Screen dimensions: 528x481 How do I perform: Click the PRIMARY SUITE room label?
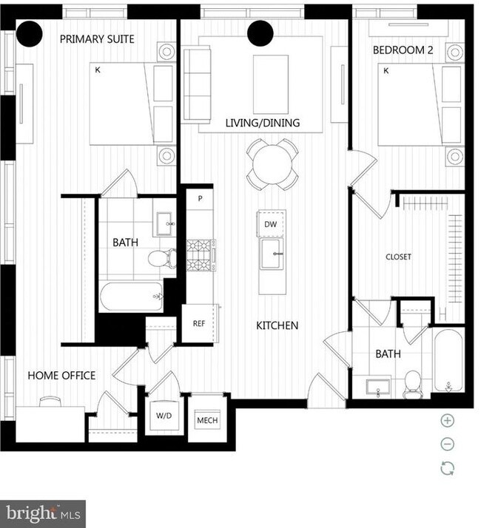pyautogui.click(x=97, y=39)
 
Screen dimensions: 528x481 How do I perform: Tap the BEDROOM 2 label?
pyautogui.click(x=403, y=50)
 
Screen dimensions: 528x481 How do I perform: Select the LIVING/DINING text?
pyautogui.click(x=263, y=123)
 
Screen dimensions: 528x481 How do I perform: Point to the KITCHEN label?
pyautogui.click(x=277, y=325)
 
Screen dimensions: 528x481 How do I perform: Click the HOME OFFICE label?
pyautogui.click(x=61, y=376)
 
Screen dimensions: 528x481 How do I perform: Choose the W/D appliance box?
pyautogui.click(x=164, y=416)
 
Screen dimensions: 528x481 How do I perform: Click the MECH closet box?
pyautogui.click(x=206, y=420)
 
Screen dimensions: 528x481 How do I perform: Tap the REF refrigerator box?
pyautogui.click(x=198, y=323)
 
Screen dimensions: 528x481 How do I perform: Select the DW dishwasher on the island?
pyautogui.click(x=271, y=223)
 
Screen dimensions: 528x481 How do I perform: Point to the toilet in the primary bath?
pyautogui.click(x=160, y=259)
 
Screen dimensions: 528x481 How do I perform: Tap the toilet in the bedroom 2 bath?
pyautogui.click(x=412, y=382)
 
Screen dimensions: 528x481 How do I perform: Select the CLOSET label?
pyautogui.click(x=398, y=257)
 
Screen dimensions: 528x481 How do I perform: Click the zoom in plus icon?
pyautogui.click(x=447, y=421)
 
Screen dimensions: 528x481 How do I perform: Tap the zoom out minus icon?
pyautogui.click(x=447, y=444)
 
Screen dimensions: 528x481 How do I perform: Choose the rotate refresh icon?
pyautogui.click(x=447, y=468)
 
